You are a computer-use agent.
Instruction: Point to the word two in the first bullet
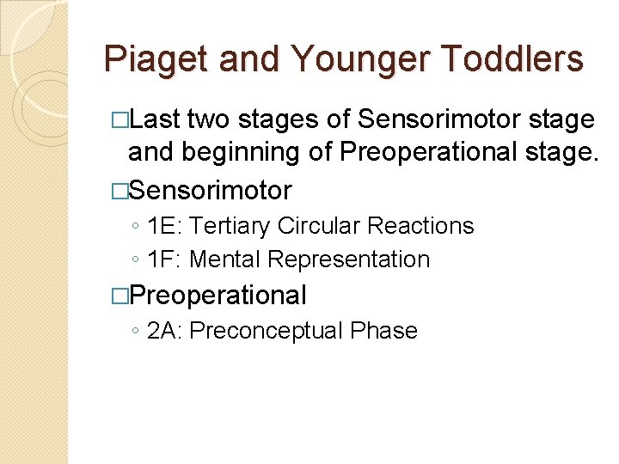tap(211, 120)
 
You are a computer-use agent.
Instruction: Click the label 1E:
tap(165, 226)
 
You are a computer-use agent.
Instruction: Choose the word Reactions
tap(420, 226)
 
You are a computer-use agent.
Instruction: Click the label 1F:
tap(165, 259)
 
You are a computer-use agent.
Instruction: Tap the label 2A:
tap(165, 331)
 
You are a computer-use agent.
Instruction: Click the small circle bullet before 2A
tap(136, 332)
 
